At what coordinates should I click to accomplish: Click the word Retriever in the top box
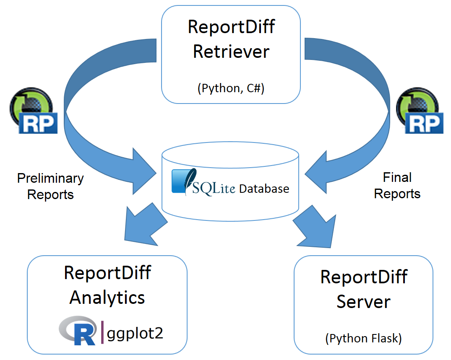coord(231,52)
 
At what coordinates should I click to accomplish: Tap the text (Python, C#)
coord(231,88)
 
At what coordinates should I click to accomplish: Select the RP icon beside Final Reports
coord(420,111)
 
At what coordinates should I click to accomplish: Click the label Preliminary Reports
coord(50,186)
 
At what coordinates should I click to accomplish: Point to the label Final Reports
coord(397,186)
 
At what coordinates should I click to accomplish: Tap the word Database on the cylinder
coord(264,189)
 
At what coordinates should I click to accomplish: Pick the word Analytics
coord(107,298)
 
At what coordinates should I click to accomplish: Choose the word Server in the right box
coord(363,302)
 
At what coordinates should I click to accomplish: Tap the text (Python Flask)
coord(363,338)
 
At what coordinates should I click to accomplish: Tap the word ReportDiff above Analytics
coord(107,273)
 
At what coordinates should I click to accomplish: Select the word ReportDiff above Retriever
coord(231,27)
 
